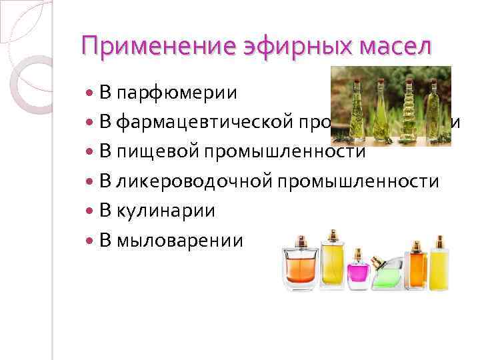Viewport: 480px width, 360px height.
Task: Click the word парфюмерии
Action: click(177, 92)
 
